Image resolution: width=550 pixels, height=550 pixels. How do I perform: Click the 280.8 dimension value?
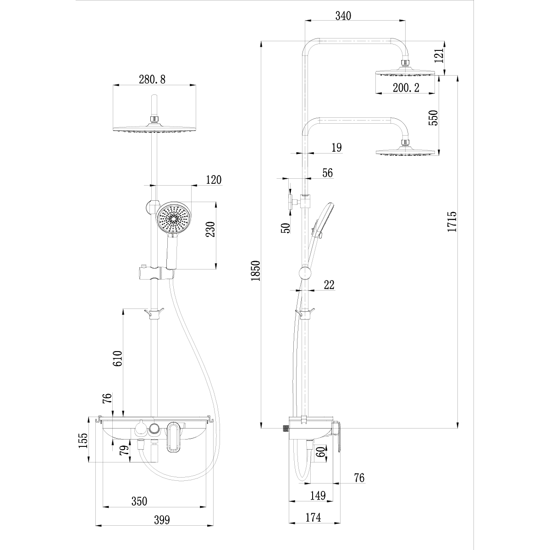[152, 79]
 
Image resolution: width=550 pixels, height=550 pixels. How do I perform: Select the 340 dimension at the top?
[343, 16]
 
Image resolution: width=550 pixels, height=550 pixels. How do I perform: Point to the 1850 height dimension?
[255, 270]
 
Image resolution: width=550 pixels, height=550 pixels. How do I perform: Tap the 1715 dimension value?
[452, 221]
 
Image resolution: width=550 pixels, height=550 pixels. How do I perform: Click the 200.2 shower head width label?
[406, 88]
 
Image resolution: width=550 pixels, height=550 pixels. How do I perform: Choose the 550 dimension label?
[433, 117]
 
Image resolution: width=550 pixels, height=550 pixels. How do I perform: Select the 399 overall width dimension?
[161, 520]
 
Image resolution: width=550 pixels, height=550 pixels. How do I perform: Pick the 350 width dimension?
[139, 501]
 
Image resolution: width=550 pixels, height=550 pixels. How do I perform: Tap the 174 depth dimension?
[313, 517]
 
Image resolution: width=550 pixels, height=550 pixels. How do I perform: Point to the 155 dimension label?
[82, 441]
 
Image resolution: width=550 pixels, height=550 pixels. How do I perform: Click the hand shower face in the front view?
[173, 219]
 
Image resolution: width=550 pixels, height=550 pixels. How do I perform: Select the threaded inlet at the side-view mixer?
[286, 429]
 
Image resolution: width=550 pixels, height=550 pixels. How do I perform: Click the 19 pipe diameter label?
[336, 147]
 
